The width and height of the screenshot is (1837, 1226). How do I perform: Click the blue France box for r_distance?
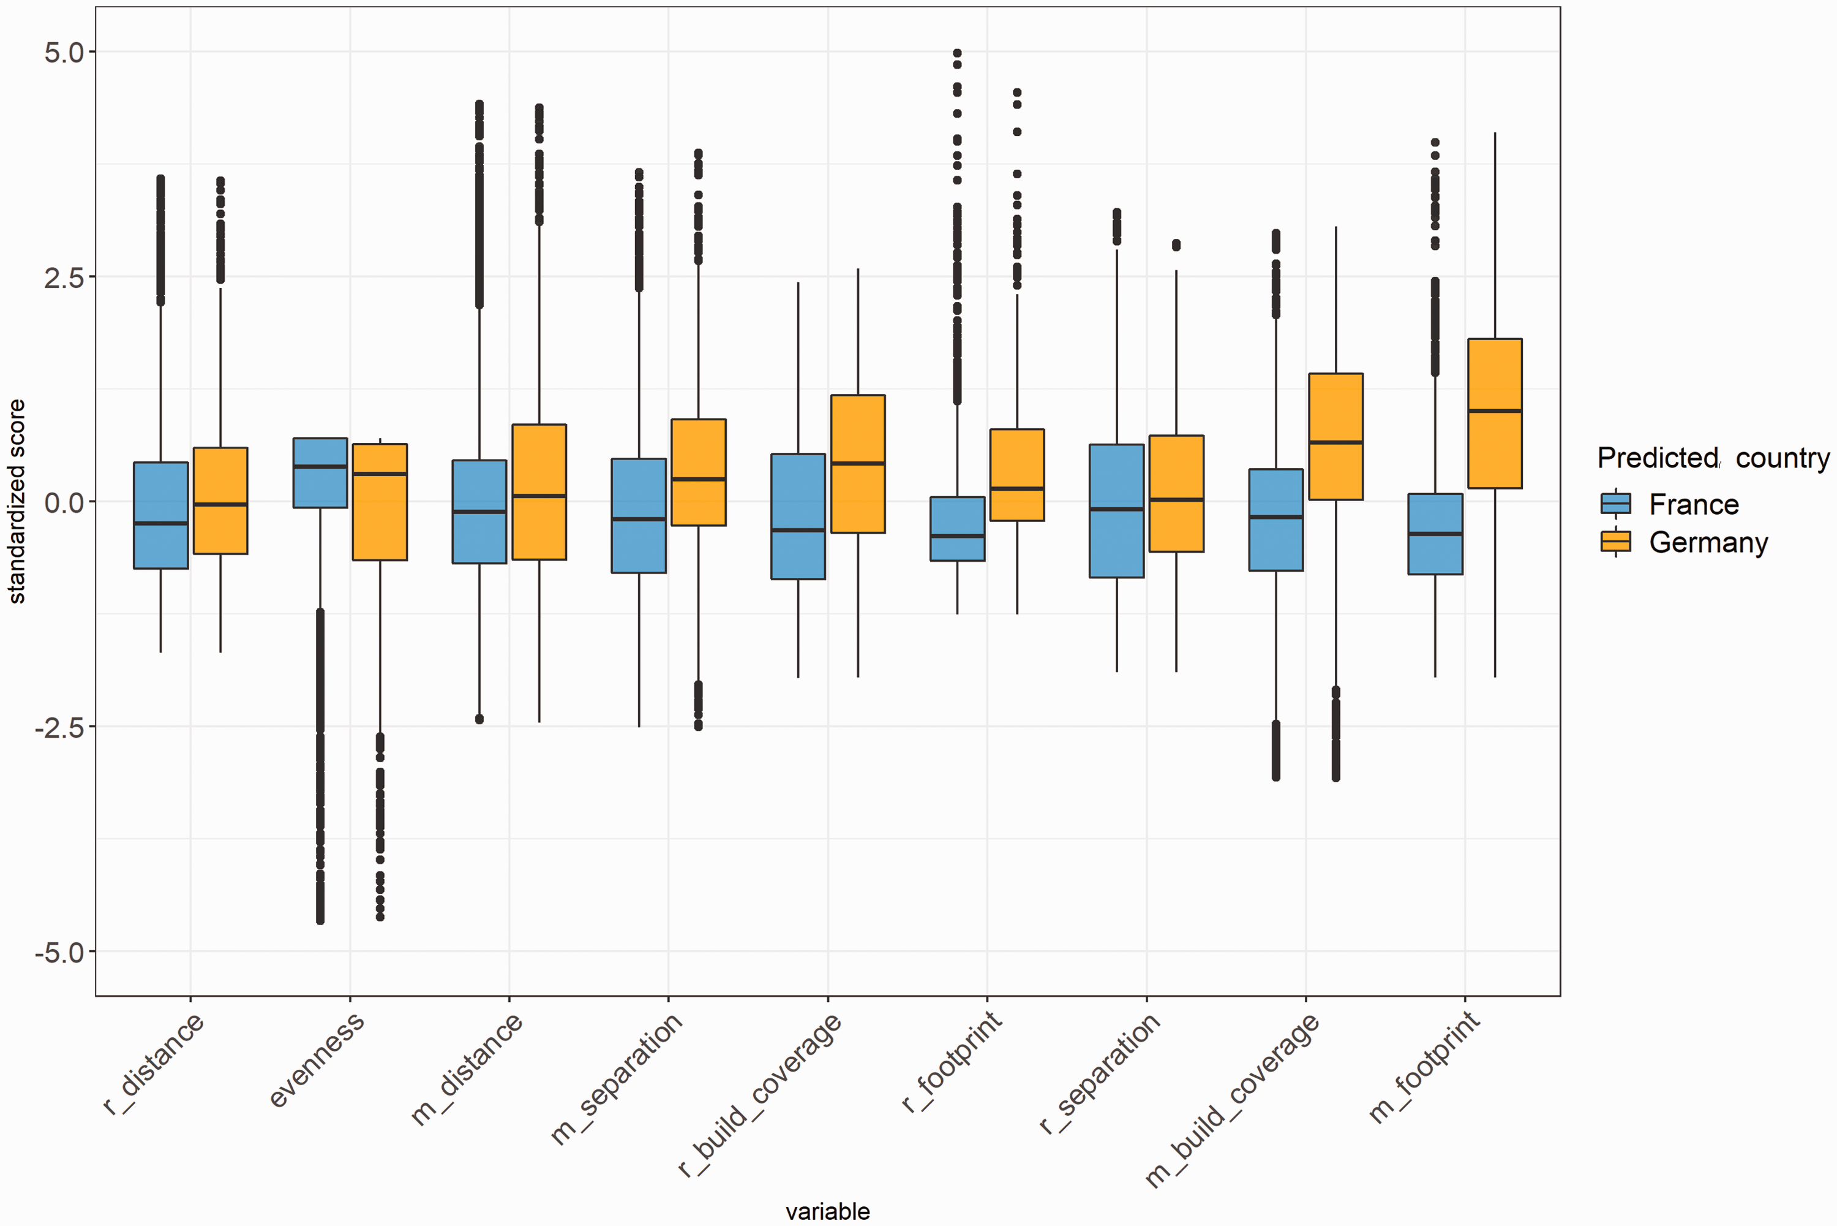pos(161,515)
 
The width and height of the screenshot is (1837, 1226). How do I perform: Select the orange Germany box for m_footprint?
pos(1495,414)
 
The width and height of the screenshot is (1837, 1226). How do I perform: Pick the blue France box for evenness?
pos(320,473)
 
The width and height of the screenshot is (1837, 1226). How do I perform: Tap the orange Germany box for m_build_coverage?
pos(1335,436)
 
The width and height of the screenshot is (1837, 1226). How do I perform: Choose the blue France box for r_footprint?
pos(957,529)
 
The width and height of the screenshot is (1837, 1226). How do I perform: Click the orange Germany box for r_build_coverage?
pos(858,464)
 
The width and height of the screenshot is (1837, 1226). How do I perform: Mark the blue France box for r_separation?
pos(1116,510)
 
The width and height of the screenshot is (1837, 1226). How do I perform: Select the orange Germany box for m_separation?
pos(699,472)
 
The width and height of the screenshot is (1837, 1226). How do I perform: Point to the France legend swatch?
pos(1615,504)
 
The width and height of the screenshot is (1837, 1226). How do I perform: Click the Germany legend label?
pos(1708,542)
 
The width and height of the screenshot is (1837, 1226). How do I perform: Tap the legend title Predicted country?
pos(1713,458)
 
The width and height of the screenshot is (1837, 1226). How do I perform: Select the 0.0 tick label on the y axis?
pos(64,502)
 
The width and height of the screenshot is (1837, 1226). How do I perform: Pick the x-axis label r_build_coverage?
pos(759,1095)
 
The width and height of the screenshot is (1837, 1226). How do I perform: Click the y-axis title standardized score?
pos(17,501)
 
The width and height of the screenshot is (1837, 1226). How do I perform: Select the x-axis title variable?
pos(827,1211)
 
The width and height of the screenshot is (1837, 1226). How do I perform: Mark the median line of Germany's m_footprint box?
pos(1495,411)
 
